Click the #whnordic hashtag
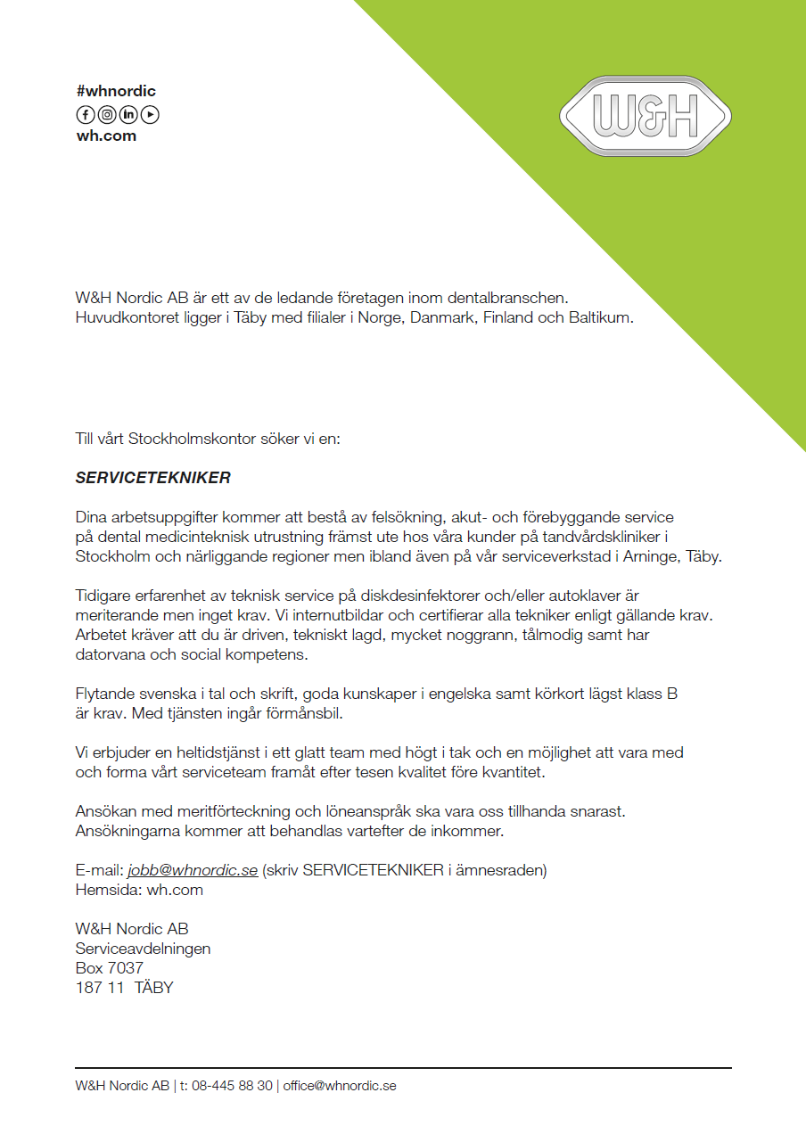click(x=116, y=91)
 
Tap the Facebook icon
click(x=86, y=114)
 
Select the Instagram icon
click(x=107, y=114)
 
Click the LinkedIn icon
click(x=128, y=114)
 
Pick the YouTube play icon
click(x=150, y=114)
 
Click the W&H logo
click(x=646, y=116)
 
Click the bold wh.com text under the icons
click(x=106, y=136)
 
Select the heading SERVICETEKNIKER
click(x=152, y=478)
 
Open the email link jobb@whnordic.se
click(x=193, y=870)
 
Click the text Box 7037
click(x=109, y=968)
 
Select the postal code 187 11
click(x=100, y=988)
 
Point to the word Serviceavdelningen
click(x=143, y=949)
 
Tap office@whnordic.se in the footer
click(x=340, y=1086)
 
